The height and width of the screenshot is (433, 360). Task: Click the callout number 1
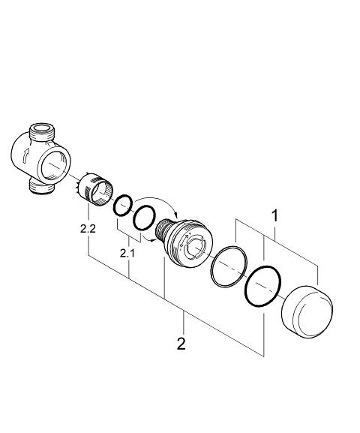coord(274,215)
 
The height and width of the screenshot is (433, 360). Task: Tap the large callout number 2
coord(181,344)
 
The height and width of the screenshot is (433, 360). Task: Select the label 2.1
coord(127,253)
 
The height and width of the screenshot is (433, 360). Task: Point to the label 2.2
coord(88,229)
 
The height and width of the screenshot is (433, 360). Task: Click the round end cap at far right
coord(307,312)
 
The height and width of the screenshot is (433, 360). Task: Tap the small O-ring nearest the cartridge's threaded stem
coord(134,218)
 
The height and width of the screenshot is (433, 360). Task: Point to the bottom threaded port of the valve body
coord(42,188)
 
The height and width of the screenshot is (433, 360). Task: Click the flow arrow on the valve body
coord(25,155)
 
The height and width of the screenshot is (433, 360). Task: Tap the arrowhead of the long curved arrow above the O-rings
coord(175,214)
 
